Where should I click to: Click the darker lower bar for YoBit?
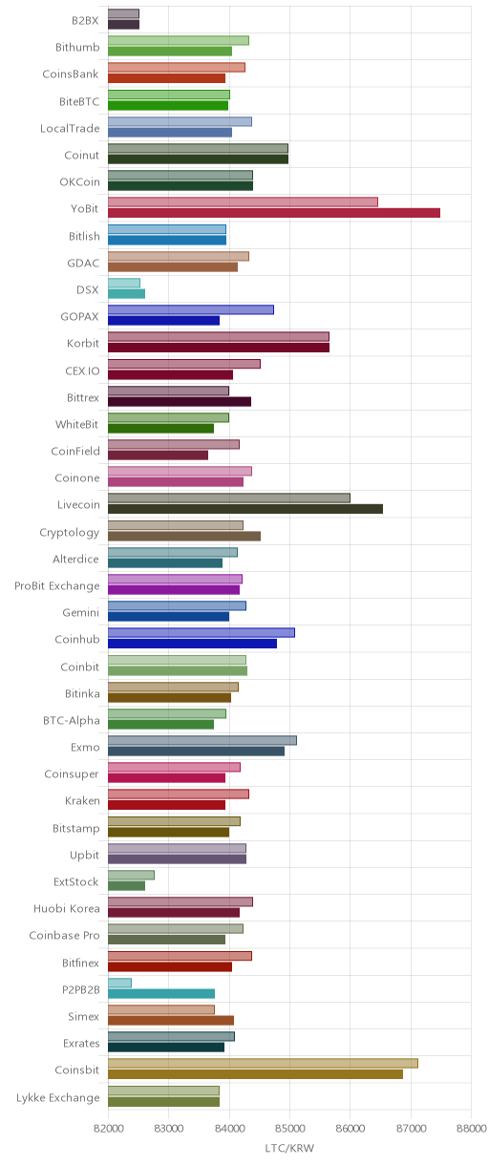coord(274,213)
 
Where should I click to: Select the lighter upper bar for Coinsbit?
coord(263,1063)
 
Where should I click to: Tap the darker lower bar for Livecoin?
coord(245,509)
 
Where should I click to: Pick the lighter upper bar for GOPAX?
coord(191,309)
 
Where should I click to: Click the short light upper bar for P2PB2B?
coord(119,983)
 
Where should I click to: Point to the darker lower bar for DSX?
coord(126,294)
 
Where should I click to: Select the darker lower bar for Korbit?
coord(219,348)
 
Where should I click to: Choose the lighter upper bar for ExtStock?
coord(131,875)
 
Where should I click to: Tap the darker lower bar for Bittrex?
coord(180,401)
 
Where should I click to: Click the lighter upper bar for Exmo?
coord(202,740)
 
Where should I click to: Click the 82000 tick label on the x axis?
coord(108,1128)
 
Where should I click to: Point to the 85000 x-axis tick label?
coord(289,1128)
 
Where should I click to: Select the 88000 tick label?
coord(471,1128)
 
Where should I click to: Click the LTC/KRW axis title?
coord(289,1147)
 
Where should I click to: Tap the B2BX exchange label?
coord(85,20)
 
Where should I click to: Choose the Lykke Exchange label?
coord(57,1097)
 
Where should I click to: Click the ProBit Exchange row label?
coord(56,585)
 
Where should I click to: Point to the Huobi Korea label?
coord(67,908)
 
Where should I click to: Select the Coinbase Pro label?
coord(65,935)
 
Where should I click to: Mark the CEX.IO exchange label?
coord(82,371)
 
